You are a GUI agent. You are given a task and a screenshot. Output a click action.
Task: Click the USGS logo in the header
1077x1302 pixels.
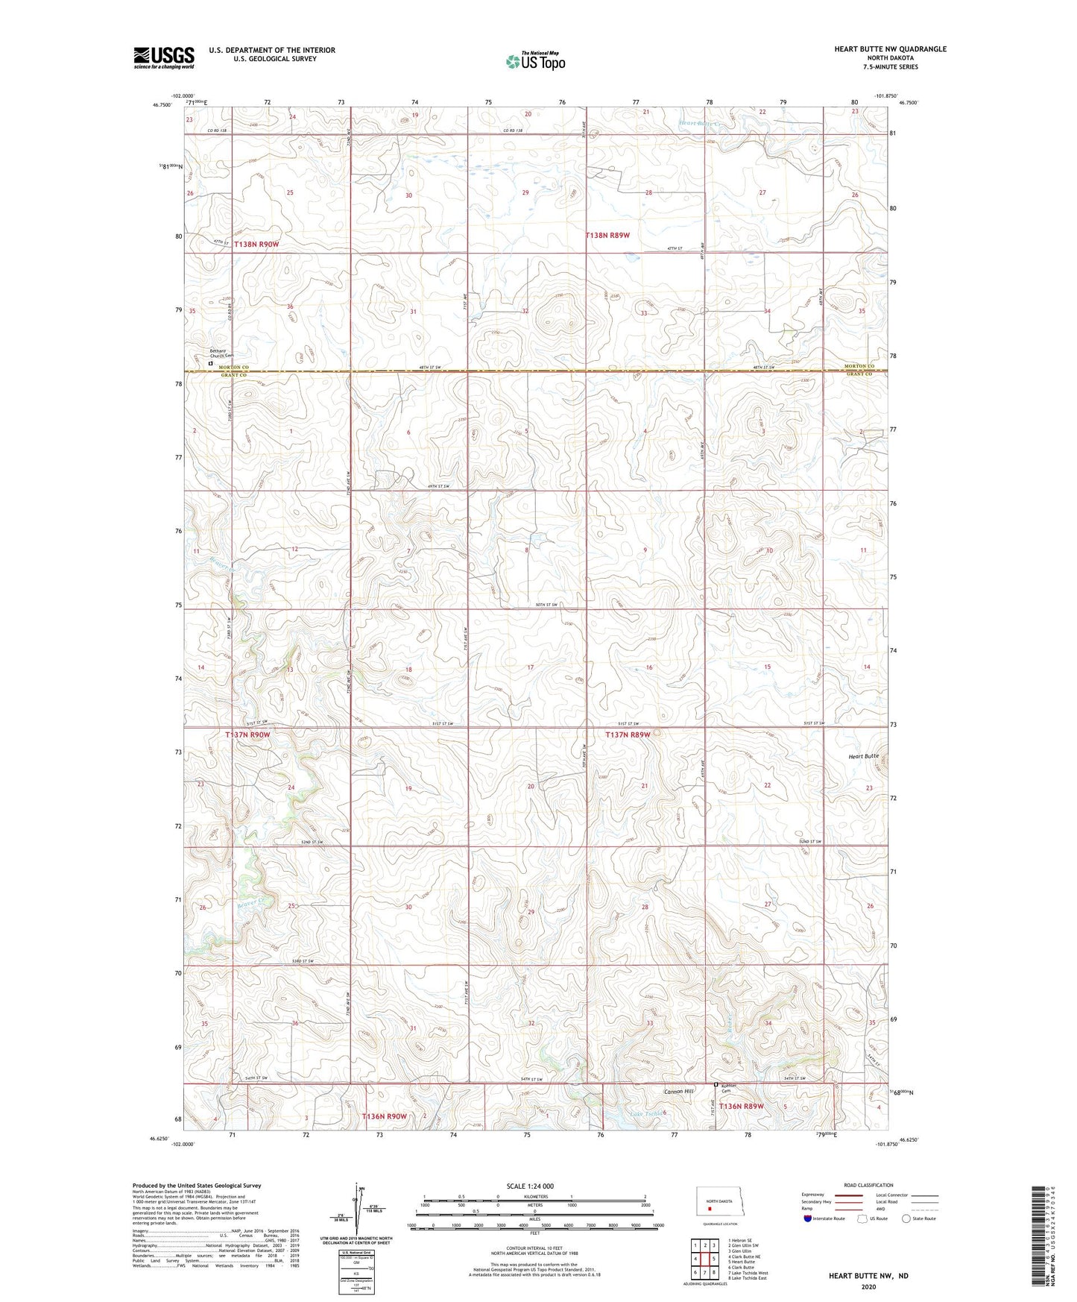tap(164, 57)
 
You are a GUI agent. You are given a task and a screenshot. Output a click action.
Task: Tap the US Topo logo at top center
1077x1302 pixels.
tap(534, 60)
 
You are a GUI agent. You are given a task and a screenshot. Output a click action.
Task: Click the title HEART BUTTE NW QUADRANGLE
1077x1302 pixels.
tap(890, 49)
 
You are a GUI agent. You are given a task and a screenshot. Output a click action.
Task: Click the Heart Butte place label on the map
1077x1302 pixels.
tap(863, 756)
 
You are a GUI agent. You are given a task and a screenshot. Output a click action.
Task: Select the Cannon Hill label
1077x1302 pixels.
tap(679, 1091)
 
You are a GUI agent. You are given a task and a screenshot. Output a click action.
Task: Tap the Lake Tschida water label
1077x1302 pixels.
tap(645, 1114)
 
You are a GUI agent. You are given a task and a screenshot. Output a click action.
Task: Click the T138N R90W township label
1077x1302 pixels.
tap(256, 244)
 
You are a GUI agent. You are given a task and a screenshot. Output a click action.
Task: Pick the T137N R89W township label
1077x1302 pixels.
tap(628, 735)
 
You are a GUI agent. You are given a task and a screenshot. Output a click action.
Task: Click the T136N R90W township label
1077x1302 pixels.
tap(384, 1116)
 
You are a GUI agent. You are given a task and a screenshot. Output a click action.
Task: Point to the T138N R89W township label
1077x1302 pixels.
tap(607, 235)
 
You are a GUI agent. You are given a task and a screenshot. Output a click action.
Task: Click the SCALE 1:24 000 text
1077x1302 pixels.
tap(530, 1186)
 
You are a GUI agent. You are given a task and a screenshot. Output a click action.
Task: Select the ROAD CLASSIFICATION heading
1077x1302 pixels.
tap(868, 1185)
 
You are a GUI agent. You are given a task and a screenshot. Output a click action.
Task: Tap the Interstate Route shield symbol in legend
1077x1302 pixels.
tap(808, 1218)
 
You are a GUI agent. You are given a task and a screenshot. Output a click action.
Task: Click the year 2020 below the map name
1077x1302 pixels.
tap(868, 1286)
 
